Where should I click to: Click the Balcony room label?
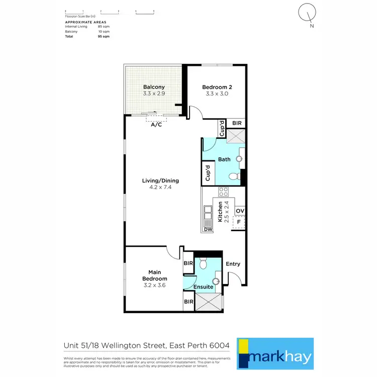[154, 86]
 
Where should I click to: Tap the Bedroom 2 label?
[217, 86]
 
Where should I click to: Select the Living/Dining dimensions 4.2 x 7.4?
[160, 187]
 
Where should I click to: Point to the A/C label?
[156, 125]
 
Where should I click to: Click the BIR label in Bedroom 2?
[236, 123]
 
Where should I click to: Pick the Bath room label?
[224, 160]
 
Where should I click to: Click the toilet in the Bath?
[234, 176]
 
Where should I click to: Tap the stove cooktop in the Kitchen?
[223, 192]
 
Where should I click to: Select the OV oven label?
[240, 211]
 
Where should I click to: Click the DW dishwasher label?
[208, 230]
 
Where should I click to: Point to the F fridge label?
[239, 222]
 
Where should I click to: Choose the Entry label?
[233, 264]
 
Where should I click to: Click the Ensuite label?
[204, 287]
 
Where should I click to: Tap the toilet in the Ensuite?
[203, 263]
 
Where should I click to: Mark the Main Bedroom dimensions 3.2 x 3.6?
[154, 285]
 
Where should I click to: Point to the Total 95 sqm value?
[104, 37]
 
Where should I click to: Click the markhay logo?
[275, 351]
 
